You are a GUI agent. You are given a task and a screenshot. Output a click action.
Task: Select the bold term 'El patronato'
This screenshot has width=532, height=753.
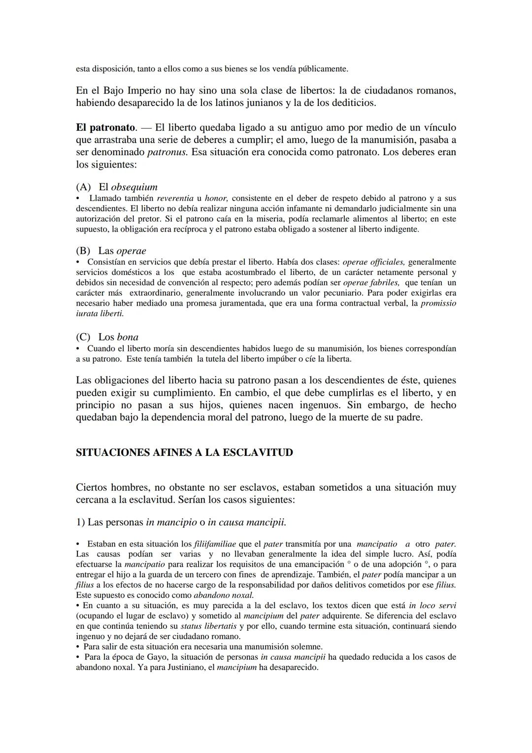click(105, 128)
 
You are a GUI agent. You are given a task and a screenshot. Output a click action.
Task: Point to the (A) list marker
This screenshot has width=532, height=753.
click(83, 187)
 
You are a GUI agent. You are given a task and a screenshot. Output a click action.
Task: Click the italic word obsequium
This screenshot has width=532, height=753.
click(134, 187)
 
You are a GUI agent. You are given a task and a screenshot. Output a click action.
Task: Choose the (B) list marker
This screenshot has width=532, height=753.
click(83, 251)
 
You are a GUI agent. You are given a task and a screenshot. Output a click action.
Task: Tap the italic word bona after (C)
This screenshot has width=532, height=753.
click(128, 337)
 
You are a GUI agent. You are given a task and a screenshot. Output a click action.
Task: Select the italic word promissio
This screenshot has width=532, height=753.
click(438, 303)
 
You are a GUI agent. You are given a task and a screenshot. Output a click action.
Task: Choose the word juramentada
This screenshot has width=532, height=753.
click(240, 303)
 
